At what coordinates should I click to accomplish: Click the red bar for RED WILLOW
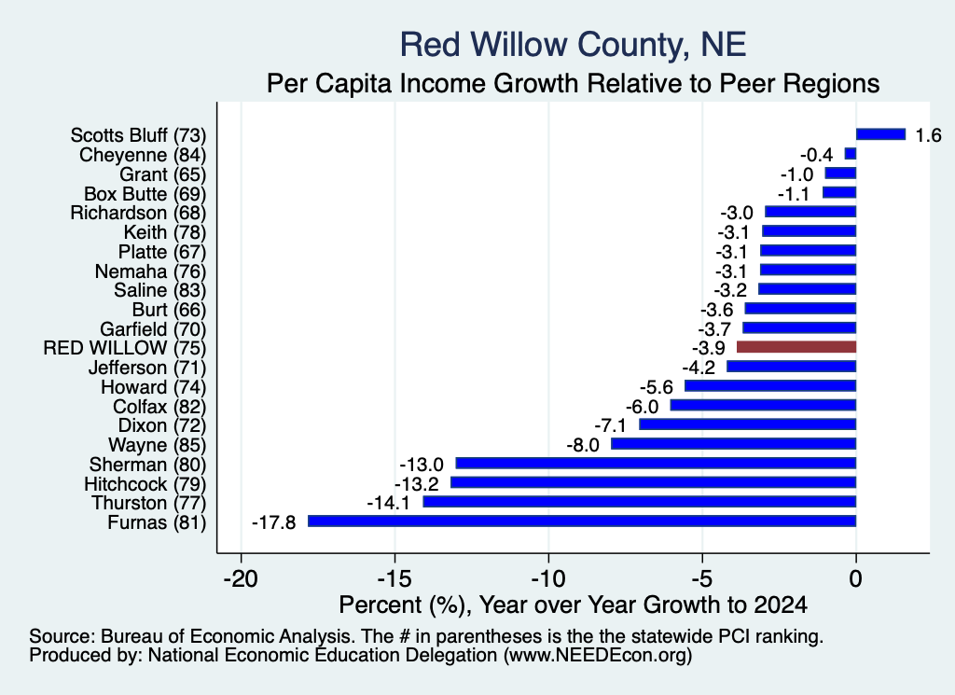coord(796,347)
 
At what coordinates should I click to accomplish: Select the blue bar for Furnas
coord(582,521)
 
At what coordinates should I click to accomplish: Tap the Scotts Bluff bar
coord(880,134)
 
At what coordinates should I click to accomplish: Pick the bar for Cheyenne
coord(851,154)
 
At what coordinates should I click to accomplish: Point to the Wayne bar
coord(733,443)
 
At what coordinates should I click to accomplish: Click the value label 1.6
coord(928,134)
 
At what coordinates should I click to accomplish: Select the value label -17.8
coord(273,522)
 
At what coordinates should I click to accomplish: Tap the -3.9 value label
coord(709,348)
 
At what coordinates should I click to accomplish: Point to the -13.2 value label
coord(417,483)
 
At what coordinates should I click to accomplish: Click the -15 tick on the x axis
coord(394,578)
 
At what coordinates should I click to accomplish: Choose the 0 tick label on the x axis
coord(856,578)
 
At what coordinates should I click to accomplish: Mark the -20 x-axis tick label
coord(242,578)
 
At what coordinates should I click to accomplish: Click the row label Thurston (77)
coord(149,503)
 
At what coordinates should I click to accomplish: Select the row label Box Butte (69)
coord(145,194)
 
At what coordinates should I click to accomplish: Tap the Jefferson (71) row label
coord(147,368)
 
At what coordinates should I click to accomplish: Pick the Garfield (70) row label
coord(154,329)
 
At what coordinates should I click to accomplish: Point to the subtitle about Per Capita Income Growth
coord(574,83)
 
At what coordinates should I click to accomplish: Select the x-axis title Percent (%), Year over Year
coord(574,605)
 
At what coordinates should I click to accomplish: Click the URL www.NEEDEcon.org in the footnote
coord(598,655)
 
